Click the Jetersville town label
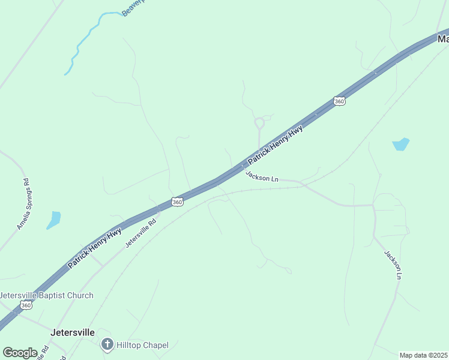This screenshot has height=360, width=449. point(73,332)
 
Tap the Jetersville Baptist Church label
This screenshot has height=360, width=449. point(46,295)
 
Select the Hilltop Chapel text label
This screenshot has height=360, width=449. point(142,345)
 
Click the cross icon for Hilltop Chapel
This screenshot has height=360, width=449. point(107,344)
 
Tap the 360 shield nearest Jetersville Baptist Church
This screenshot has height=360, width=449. point(26,305)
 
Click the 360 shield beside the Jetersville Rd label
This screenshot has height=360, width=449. point(177,202)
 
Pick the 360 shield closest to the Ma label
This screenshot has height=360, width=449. point(340,101)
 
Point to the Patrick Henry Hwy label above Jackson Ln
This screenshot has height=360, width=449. point(276,145)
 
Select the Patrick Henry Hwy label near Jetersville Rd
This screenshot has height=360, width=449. point(94,247)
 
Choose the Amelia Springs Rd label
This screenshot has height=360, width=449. point(23,205)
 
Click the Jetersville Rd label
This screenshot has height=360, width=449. point(140,233)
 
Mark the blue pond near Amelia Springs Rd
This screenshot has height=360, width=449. point(54,220)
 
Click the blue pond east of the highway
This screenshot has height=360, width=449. point(400,144)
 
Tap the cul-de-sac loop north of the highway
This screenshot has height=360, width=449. point(259,123)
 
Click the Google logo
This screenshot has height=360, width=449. point(20,353)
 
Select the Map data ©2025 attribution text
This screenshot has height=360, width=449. point(424,355)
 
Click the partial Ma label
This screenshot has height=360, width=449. point(443,39)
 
